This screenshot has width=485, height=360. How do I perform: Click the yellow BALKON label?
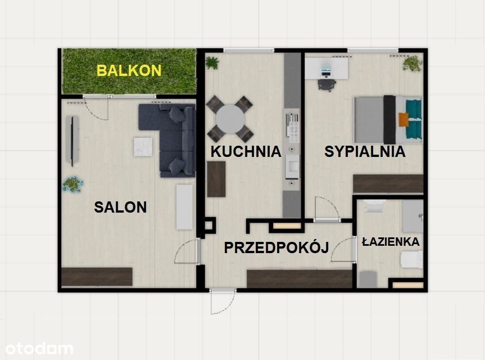coord(129,70)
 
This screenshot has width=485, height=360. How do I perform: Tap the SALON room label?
coord(120,207)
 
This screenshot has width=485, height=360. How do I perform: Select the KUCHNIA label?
coord(246,151)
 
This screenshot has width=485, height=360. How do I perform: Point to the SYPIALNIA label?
coord(365,151)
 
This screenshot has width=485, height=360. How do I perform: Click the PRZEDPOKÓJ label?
coord(276,247)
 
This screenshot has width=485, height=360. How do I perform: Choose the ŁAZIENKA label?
coord(391,241)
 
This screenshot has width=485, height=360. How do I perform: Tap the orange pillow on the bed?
coord(404,120)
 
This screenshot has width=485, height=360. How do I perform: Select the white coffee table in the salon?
coord(143,147)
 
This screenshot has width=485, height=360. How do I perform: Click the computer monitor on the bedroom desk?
coord(327,71)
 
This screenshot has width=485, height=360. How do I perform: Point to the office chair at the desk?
coord(327,85)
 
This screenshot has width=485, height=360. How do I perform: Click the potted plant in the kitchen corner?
coord(212,63)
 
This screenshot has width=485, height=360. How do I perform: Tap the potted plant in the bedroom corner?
coord(413,64)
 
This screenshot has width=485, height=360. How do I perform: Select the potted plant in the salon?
coord(72,184)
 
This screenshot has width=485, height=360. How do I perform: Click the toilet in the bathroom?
coord(412,259)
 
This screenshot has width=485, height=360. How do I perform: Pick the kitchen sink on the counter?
coord(292,166)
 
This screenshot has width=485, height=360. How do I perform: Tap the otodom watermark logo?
coord(39,349)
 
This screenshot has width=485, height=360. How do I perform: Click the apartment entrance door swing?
coord(223,302)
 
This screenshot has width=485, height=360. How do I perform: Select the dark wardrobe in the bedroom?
coord(388,184)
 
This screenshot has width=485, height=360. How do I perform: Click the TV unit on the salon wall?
coord(72,141)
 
